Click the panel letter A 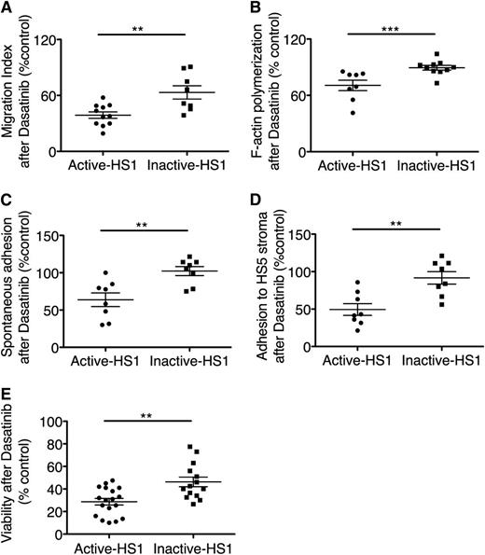click(7, 7)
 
